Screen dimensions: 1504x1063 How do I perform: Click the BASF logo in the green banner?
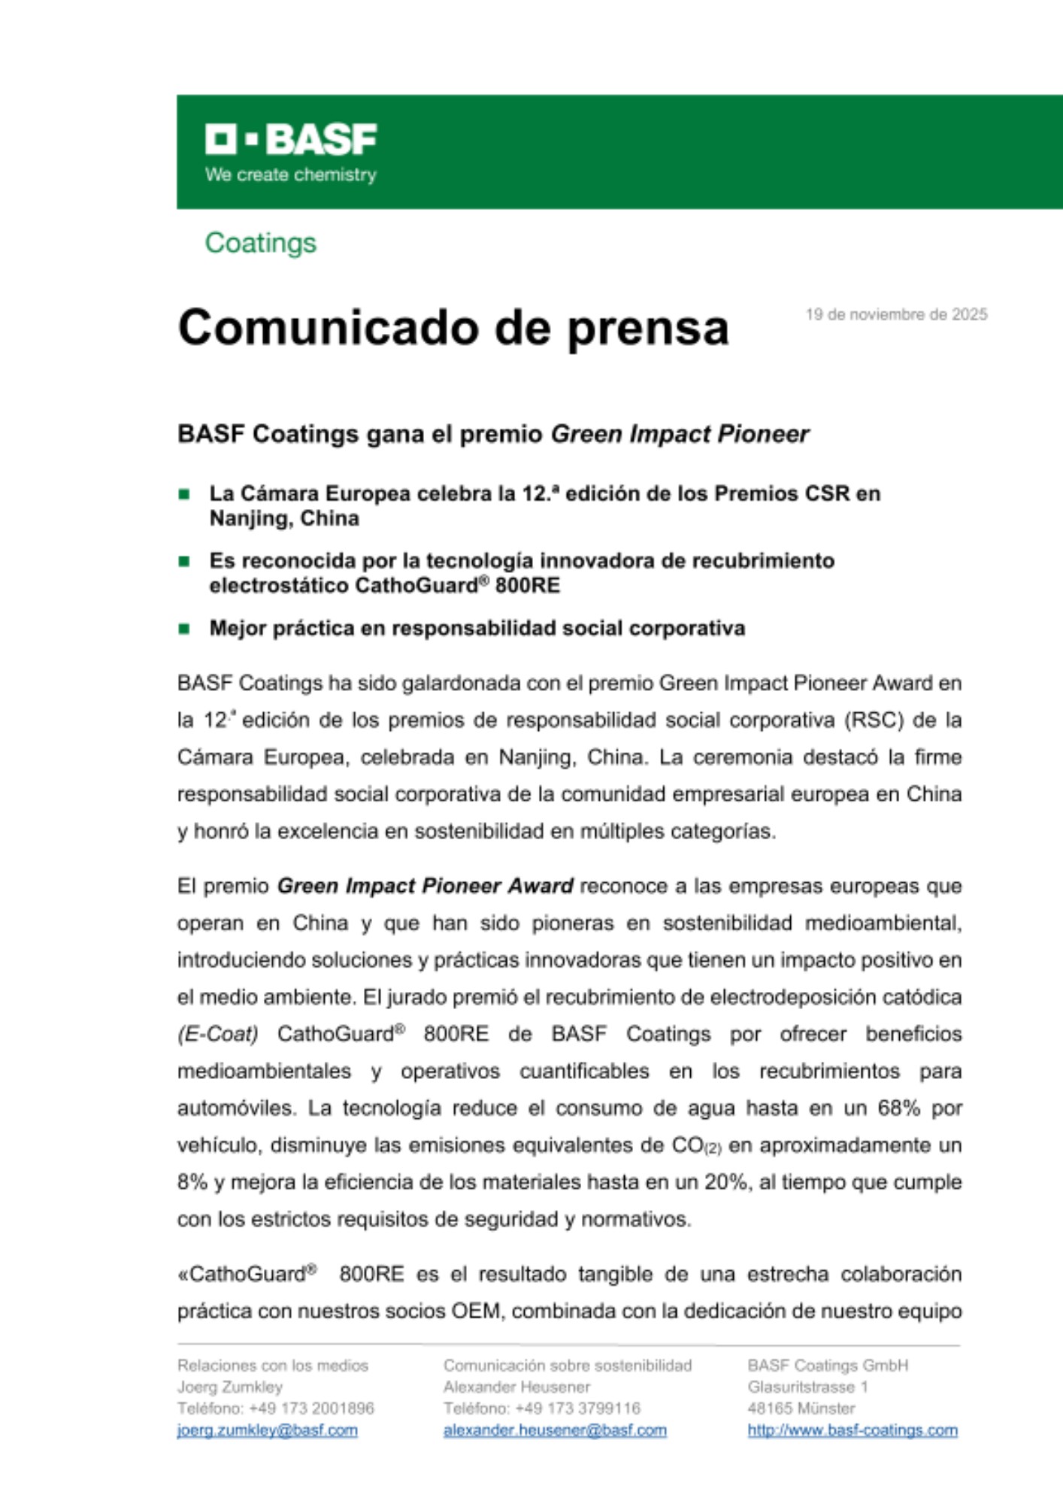pyautogui.click(x=291, y=140)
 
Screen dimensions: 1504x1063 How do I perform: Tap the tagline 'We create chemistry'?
pyautogui.click(x=290, y=175)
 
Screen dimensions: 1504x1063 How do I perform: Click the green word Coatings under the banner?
pyautogui.click(x=261, y=243)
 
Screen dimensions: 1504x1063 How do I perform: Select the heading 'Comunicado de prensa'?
pyautogui.click(x=453, y=328)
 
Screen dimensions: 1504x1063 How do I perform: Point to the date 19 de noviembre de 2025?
pyautogui.click(x=896, y=314)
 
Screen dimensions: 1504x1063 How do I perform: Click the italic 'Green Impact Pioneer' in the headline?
pyautogui.click(x=680, y=434)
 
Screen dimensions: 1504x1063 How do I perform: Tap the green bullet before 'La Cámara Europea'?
pyautogui.click(x=184, y=494)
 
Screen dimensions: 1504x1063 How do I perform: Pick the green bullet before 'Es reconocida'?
pyautogui.click(x=184, y=561)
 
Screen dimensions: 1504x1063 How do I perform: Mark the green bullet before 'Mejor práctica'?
pyautogui.click(x=184, y=629)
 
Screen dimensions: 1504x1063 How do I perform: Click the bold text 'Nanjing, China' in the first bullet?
pyautogui.click(x=284, y=519)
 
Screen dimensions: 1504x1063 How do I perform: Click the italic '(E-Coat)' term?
pyautogui.click(x=218, y=1034)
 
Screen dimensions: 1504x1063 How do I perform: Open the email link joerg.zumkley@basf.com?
pyautogui.click(x=268, y=1430)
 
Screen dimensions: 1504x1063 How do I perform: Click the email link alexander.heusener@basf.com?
pyautogui.click(x=555, y=1430)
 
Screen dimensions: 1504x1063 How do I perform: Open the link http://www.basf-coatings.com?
pyautogui.click(x=853, y=1430)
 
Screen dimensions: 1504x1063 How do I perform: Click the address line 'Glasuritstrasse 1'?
pyautogui.click(x=807, y=1387)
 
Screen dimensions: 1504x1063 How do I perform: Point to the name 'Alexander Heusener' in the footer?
pyautogui.click(x=516, y=1387)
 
